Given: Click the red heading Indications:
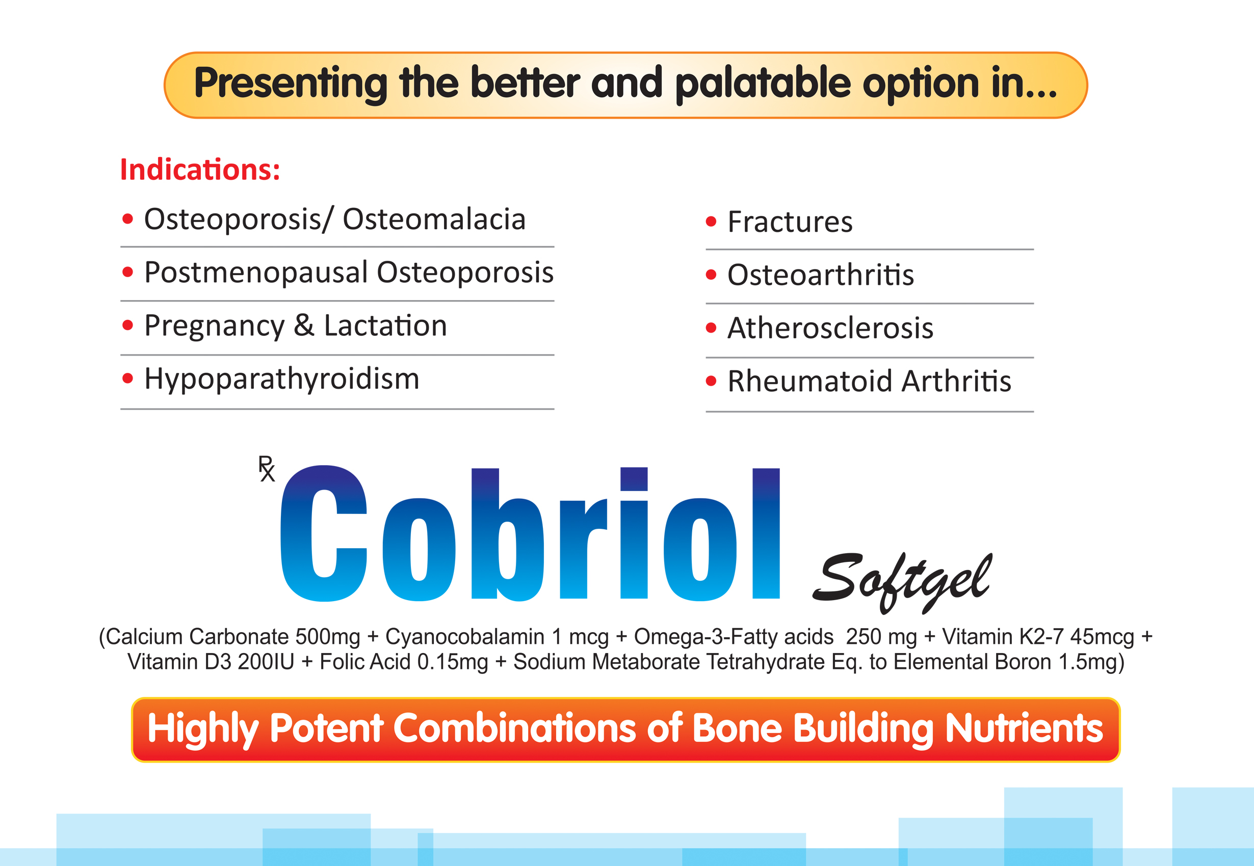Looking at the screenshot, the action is pyautogui.click(x=200, y=169).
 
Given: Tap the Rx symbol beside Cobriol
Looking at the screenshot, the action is pyautogui.click(x=267, y=469).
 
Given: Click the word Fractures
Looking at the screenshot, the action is pyautogui.click(x=790, y=222).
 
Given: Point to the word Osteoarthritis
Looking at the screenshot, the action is pyautogui.click(x=820, y=275).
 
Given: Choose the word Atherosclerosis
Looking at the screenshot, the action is pyautogui.click(x=830, y=328).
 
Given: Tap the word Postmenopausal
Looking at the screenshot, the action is pyautogui.click(x=256, y=273).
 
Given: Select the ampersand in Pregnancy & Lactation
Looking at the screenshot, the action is pyautogui.click(x=304, y=326).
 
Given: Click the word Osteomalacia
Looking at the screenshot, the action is pyautogui.click(x=434, y=219).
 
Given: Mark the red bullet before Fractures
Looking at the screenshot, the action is pyautogui.click(x=711, y=222).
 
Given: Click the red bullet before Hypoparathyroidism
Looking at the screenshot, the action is pyautogui.click(x=127, y=378).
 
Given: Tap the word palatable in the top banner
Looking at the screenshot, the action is pyautogui.click(x=763, y=84).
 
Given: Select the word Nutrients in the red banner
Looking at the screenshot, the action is pyautogui.click(x=1024, y=728).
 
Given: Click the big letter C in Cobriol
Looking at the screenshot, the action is pyautogui.click(x=324, y=533).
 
